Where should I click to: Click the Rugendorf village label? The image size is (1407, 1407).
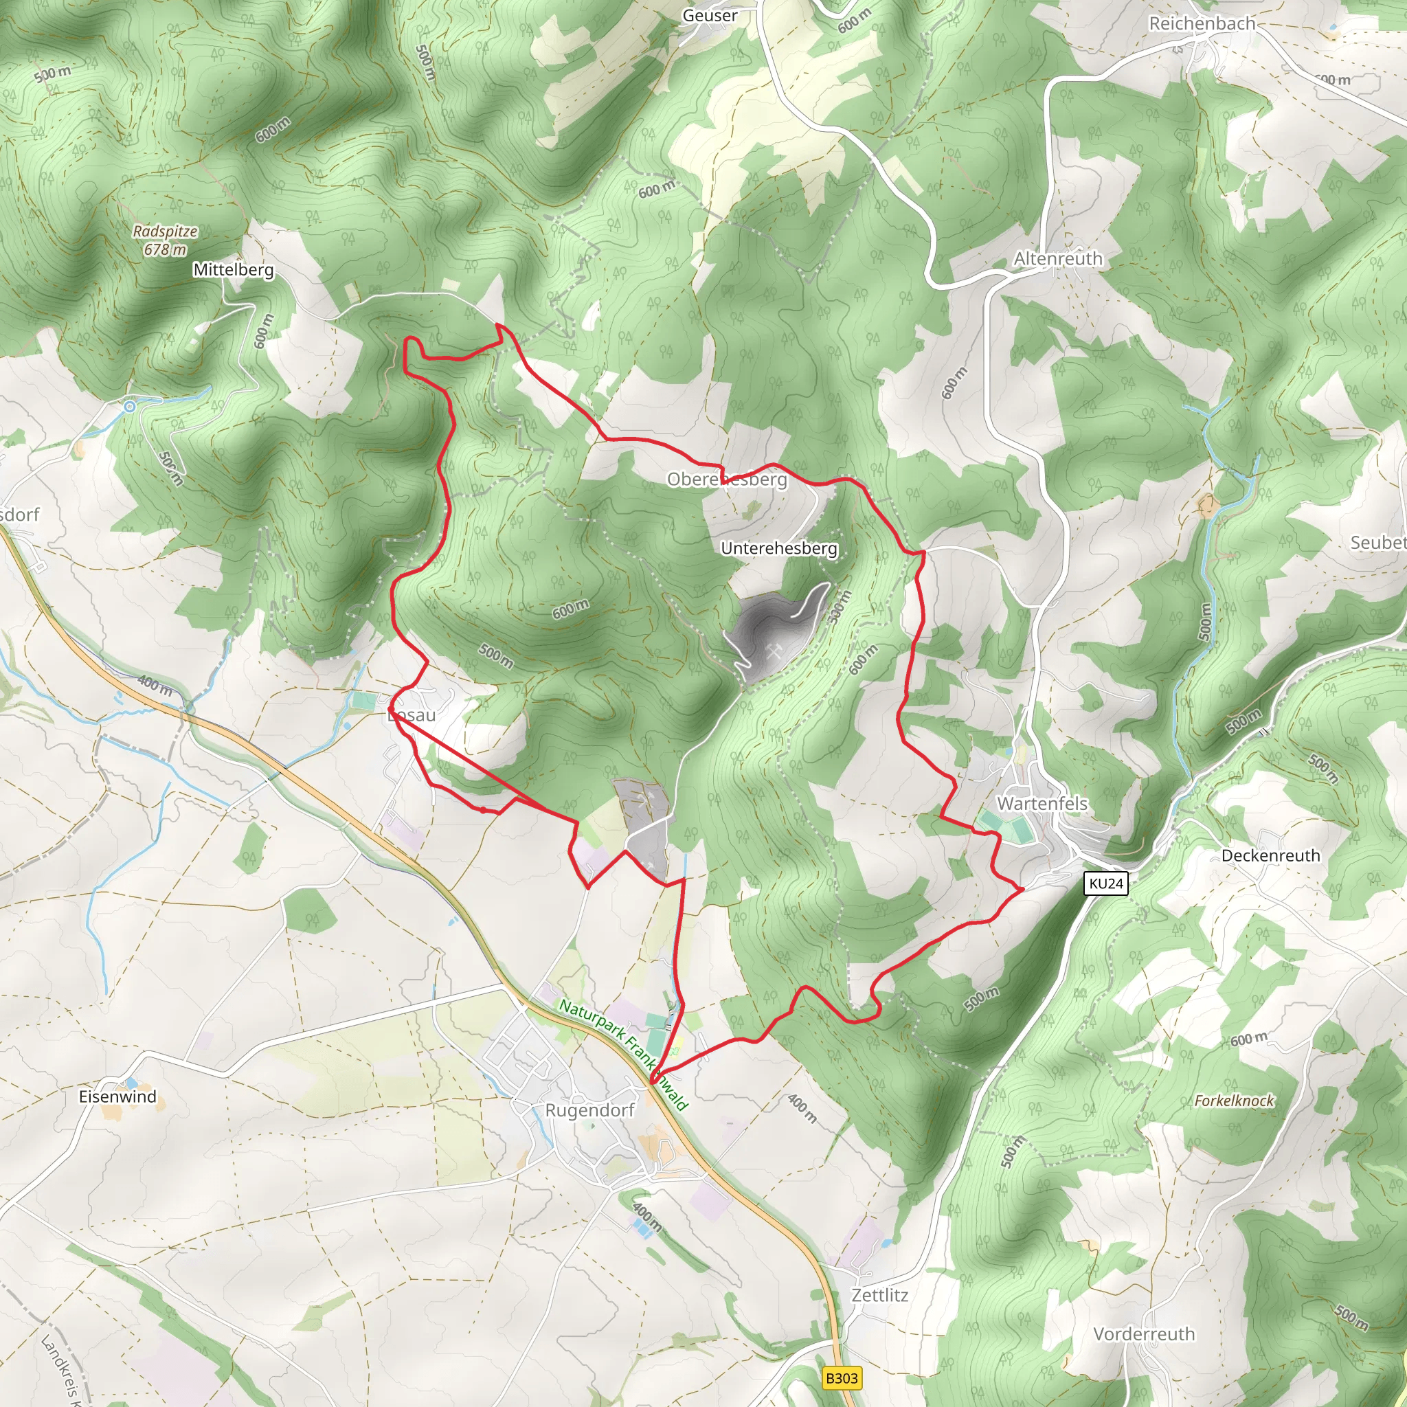point(589,1110)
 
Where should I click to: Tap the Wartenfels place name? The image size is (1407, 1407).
point(1042,803)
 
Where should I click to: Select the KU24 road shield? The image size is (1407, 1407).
point(1105,883)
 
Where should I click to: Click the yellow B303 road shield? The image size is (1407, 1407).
point(842,1378)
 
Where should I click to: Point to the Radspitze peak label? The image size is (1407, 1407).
point(166,231)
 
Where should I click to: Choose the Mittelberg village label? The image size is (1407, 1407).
point(233,269)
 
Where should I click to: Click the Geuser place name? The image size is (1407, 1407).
point(709,15)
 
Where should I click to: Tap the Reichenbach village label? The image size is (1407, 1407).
point(1202,23)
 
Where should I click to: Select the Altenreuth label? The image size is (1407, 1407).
point(1057,258)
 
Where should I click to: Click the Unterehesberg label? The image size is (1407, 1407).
point(778,548)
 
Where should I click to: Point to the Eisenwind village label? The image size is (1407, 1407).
point(117,1096)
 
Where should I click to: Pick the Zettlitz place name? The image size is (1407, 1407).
point(880,1295)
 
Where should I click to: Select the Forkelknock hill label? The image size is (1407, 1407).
point(1234,1101)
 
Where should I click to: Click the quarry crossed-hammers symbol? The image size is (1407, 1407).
point(774,650)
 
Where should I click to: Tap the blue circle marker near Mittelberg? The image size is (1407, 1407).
point(130,407)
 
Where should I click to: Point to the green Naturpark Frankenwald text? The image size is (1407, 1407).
point(622,1053)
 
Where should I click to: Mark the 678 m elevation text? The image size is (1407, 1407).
point(165,250)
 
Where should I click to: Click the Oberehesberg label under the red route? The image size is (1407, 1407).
point(726,480)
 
